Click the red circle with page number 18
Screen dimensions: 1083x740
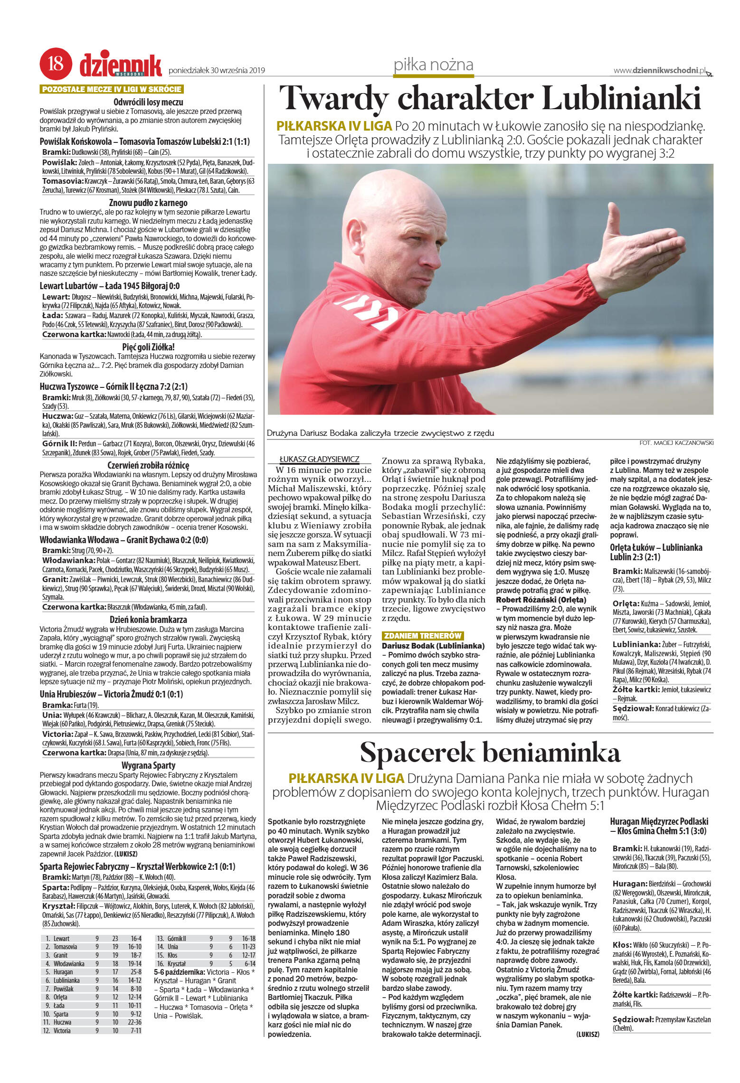(56, 63)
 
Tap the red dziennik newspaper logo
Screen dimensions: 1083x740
(121, 66)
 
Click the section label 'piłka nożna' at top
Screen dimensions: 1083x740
(433, 65)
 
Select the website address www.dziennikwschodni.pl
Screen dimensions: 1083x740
(659, 71)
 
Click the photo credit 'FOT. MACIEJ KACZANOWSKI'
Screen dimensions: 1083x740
(676, 443)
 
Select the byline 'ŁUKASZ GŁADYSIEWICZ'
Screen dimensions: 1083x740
(319, 459)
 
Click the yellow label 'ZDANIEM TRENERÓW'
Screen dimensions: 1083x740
(422, 636)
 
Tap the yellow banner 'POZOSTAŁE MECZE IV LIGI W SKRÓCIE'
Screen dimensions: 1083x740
(112, 89)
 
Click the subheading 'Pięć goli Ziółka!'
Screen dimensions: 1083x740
(148, 347)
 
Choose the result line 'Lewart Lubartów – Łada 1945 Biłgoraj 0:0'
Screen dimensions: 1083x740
(110, 286)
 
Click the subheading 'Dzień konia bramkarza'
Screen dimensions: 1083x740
(148, 620)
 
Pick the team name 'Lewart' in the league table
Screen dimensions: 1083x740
(61, 938)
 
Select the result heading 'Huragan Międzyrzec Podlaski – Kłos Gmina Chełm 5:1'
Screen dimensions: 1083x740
(659, 826)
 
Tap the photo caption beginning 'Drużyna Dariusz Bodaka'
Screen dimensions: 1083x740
(380, 433)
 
